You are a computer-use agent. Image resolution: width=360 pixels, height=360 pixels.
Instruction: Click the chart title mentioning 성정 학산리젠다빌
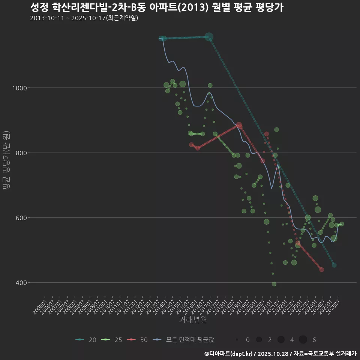pos(156,7)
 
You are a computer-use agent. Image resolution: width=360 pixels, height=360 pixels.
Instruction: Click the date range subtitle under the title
pos(84,18)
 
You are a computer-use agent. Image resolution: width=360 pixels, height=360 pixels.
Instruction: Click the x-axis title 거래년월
pos(193,320)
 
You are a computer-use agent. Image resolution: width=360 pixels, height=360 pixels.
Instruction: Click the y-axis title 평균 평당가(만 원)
pos(6,161)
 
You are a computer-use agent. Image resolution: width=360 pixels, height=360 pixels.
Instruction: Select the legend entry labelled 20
pos(86,340)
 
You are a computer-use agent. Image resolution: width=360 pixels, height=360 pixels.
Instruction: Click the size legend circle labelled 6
pos(303,340)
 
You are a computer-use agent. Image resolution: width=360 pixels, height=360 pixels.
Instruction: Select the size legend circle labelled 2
pos(259,340)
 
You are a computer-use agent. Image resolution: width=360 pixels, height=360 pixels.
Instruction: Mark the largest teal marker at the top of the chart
pos(209,37)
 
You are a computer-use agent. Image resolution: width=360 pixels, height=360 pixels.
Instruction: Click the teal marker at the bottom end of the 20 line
pos(334,265)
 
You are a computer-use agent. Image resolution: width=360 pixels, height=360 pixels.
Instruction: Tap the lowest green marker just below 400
pos(274,284)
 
